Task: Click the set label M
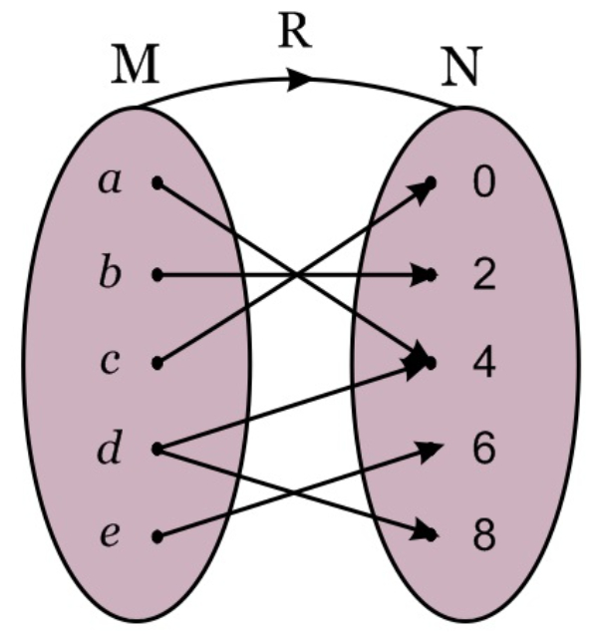pos(136,65)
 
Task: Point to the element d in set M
pos(108,449)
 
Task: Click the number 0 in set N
pos(483,184)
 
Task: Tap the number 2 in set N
pos(483,274)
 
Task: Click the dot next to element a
pos(156,183)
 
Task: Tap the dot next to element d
pos(156,449)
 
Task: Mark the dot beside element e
pos(156,536)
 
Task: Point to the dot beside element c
pos(156,363)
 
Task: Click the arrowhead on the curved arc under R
pos(300,80)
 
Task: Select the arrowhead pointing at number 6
pos(431,452)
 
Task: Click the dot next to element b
pos(156,273)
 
